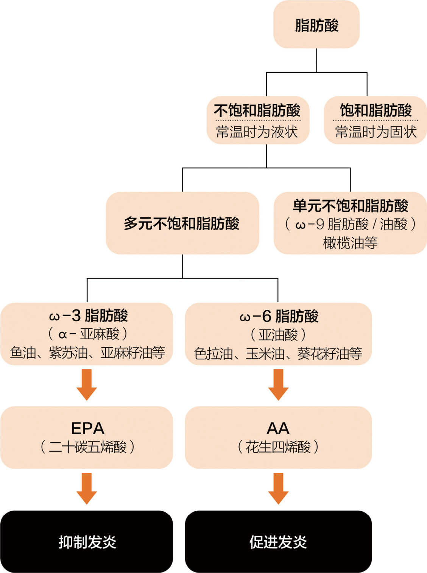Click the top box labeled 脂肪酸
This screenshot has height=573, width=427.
(316, 24)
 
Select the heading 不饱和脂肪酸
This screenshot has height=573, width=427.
(257, 110)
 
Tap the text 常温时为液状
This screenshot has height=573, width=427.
(257, 131)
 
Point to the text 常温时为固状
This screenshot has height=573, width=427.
(376, 131)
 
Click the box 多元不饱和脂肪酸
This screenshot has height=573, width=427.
(182, 223)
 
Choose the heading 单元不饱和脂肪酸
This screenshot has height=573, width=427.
(350, 206)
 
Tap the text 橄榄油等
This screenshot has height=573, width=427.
(350, 243)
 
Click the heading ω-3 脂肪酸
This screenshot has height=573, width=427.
(88, 315)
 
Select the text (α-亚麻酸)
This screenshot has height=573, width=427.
(88, 334)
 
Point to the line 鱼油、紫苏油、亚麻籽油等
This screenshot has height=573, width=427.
(88, 353)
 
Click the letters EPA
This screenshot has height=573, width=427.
(88, 428)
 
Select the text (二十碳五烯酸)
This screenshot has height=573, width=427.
(88, 447)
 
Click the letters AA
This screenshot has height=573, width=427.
(278, 428)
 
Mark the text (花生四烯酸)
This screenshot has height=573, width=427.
(278, 447)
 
